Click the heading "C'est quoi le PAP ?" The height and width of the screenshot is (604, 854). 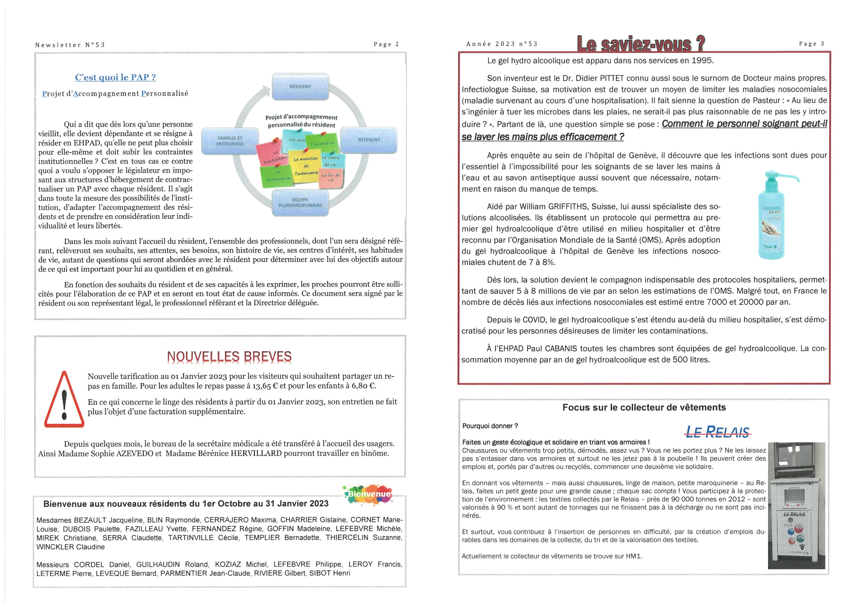point(115,78)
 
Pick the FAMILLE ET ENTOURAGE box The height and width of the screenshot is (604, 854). point(230,141)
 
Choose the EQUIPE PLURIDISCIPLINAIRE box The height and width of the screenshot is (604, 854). point(300,203)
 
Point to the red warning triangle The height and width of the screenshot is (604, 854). point(64,400)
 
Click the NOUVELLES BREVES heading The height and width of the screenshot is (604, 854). point(229,357)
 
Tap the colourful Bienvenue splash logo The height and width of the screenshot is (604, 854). point(367,494)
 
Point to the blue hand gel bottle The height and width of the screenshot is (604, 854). point(772,220)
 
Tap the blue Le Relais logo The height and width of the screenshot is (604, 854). point(717,432)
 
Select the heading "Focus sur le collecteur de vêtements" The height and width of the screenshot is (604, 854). point(644,407)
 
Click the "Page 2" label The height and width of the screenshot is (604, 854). point(386,44)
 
